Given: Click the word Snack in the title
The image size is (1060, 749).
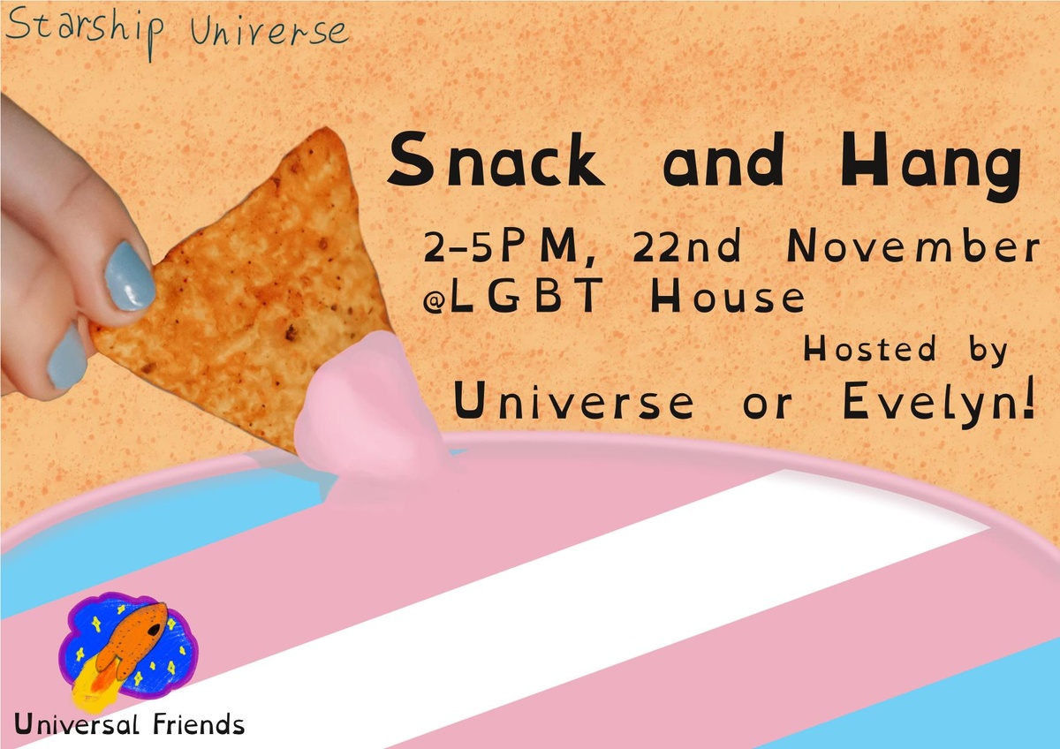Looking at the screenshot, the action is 496,160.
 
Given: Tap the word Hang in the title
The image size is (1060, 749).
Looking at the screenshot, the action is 930,165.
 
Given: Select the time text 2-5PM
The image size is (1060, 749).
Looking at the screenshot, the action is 503,248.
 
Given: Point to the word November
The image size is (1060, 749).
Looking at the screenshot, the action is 912,246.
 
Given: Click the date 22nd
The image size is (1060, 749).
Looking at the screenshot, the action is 686,246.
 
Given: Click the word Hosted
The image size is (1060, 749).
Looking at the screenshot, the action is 870,348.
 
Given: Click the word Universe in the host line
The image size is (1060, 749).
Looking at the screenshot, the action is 573,401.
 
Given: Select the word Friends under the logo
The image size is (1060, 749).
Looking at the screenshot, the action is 198,724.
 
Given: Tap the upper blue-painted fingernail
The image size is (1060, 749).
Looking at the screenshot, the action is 130,276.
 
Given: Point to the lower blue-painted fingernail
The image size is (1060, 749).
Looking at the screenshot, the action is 67,357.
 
